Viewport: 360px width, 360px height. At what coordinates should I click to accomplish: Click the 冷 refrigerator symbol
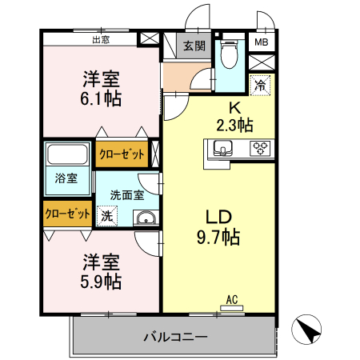[x=260, y=83]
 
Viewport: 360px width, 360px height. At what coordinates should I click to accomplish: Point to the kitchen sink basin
[x=222, y=146]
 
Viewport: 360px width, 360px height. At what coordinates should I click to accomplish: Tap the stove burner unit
[x=261, y=146]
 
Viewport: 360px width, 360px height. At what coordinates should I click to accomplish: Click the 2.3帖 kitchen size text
[x=234, y=124]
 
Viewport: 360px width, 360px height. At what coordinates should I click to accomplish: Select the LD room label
[x=219, y=217]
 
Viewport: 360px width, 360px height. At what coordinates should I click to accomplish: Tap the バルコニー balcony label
[x=175, y=336]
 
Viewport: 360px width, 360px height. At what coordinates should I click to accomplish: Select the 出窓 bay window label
[x=102, y=38]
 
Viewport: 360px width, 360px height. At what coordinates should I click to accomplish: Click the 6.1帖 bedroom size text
[x=102, y=99]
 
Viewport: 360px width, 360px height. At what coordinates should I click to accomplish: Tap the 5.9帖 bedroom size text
[x=102, y=282]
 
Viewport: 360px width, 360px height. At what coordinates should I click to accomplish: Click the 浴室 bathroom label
[x=66, y=178]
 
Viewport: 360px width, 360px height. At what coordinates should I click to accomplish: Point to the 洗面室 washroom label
[x=126, y=194]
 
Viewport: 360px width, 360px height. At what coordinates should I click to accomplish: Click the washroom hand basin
[x=145, y=218]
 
